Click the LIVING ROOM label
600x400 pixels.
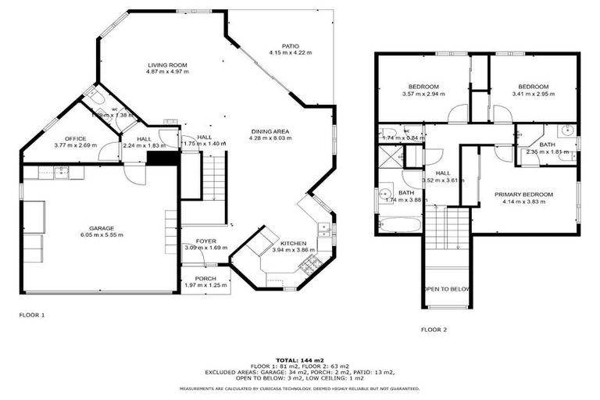(x=167, y=66)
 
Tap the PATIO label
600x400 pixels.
(x=290, y=46)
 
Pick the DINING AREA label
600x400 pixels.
(x=270, y=131)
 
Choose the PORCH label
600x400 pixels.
(x=205, y=278)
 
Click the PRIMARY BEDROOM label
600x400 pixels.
(x=523, y=195)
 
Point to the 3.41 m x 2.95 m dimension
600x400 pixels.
(x=533, y=94)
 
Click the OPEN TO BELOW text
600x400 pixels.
(x=447, y=289)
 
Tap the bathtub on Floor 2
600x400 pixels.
(x=400, y=225)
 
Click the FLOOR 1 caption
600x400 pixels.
(x=32, y=315)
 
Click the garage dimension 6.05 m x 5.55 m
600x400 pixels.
(x=102, y=235)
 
